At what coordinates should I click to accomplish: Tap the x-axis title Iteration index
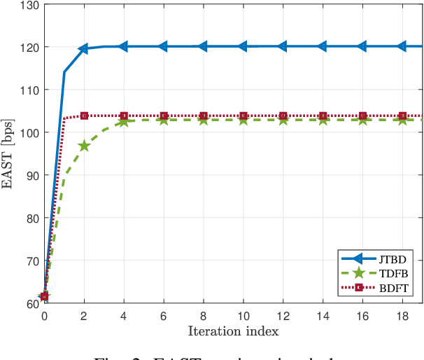[x=233, y=329]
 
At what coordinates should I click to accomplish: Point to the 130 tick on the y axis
[x=28, y=5]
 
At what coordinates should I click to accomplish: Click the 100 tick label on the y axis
[x=28, y=132]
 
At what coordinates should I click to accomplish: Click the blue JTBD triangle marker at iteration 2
[x=84, y=49]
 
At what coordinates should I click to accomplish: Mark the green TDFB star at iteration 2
[x=84, y=146]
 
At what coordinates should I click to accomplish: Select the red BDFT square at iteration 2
[x=84, y=116]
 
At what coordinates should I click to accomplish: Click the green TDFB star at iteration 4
[x=124, y=121]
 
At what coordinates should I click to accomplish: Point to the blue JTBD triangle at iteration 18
[x=402, y=47]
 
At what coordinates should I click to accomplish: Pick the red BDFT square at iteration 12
[x=283, y=116]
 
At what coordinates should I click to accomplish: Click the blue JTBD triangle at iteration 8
[x=203, y=47]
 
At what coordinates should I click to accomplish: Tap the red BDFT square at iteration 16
[x=362, y=116]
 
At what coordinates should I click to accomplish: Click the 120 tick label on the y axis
[x=28, y=47]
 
